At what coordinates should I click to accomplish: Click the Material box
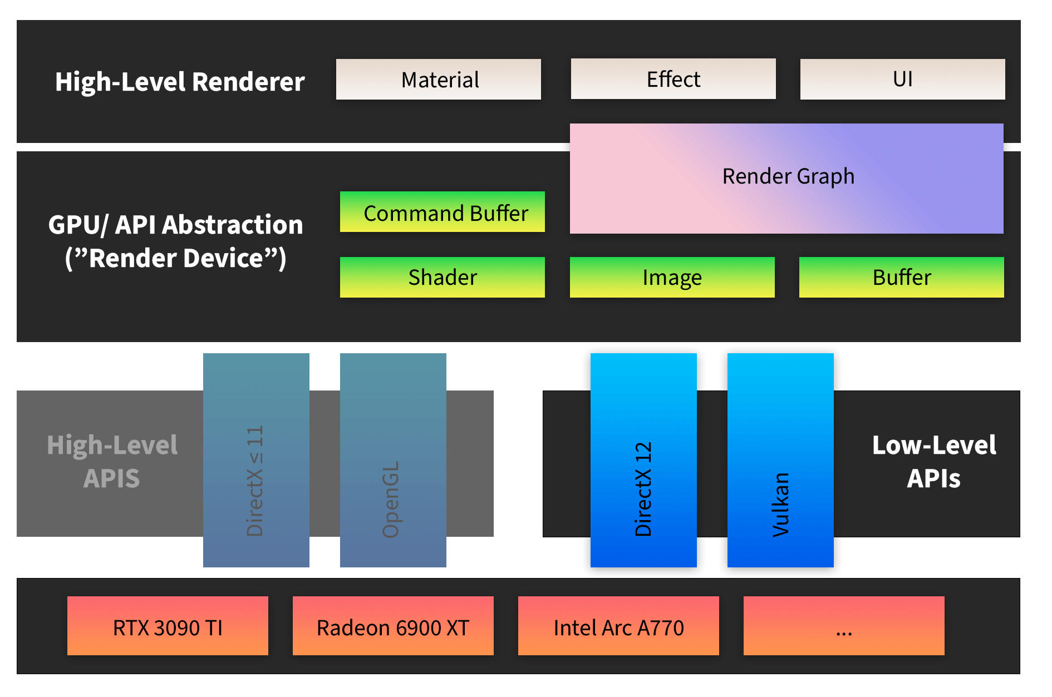pyautogui.click(x=438, y=80)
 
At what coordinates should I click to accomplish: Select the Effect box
pyautogui.click(x=673, y=79)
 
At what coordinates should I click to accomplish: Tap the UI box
pyautogui.click(x=902, y=79)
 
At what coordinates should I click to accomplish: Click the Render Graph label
pyautogui.click(x=788, y=176)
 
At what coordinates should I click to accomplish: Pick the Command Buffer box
pyautogui.click(x=443, y=212)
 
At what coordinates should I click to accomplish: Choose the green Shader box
pyautogui.click(x=443, y=277)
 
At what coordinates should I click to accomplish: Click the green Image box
pyautogui.click(x=672, y=277)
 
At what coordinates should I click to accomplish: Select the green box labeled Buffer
pyautogui.click(x=901, y=277)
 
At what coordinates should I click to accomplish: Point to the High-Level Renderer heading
pyautogui.click(x=179, y=82)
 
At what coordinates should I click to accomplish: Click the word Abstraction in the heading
pyautogui.click(x=232, y=225)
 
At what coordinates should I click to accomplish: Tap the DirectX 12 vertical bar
pyautogui.click(x=643, y=460)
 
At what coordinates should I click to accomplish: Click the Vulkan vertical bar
pyautogui.click(x=780, y=460)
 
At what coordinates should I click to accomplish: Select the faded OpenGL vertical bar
pyautogui.click(x=393, y=460)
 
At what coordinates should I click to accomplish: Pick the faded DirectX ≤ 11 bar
pyautogui.click(x=256, y=460)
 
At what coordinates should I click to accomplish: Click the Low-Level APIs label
pyautogui.click(x=933, y=462)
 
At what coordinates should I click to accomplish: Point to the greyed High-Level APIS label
pyautogui.click(x=112, y=462)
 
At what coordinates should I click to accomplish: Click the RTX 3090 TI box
pyautogui.click(x=168, y=626)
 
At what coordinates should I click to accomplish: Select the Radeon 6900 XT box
pyautogui.click(x=393, y=626)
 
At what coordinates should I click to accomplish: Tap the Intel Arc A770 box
pyautogui.click(x=618, y=626)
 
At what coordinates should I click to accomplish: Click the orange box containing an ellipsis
pyautogui.click(x=844, y=626)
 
